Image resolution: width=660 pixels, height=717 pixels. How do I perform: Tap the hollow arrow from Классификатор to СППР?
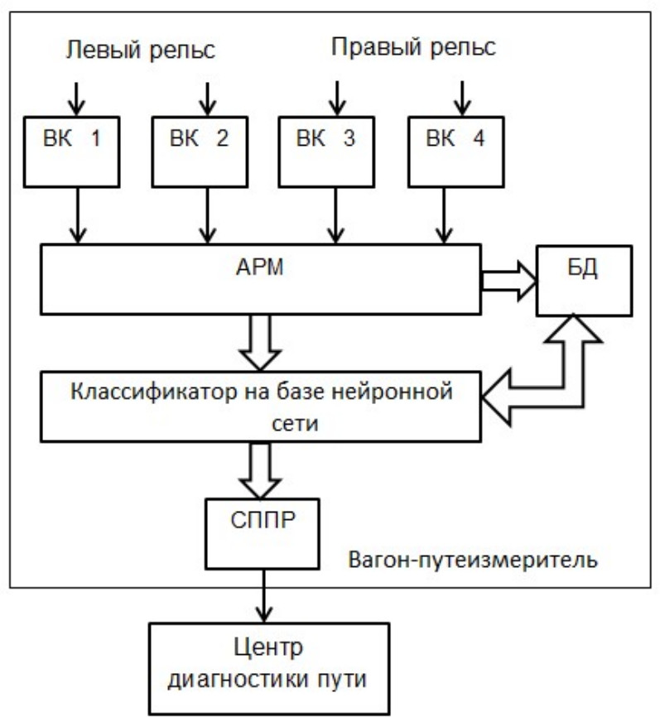point(260,469)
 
